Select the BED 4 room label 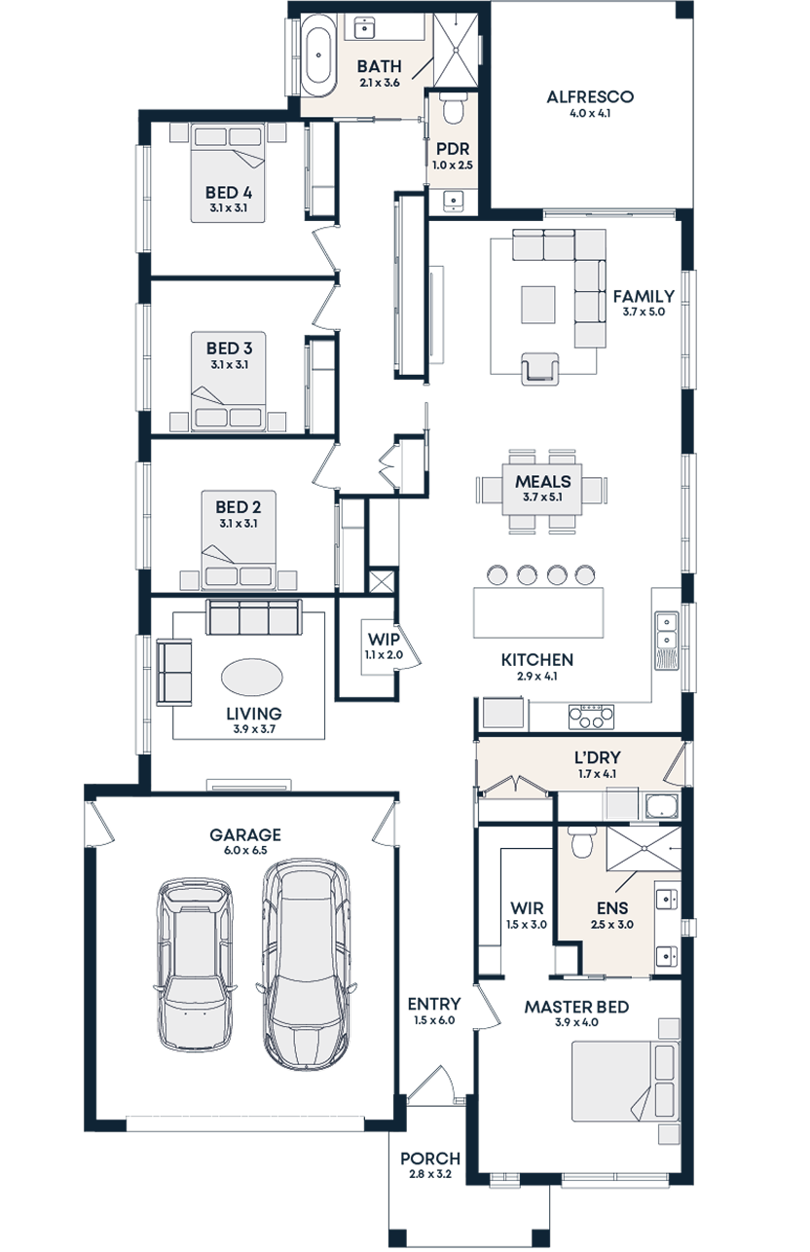(x=229, y=192)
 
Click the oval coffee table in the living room (x=253, y=677)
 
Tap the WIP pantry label (x=377, y=641)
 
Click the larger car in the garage (x=307, y=964)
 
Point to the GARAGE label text (x=245, y=835)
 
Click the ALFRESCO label (x=589, y=97)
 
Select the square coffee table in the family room (x=537, y=304)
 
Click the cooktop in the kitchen (x=592, y=716)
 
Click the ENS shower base (x=644, y=850)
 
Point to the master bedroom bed (x=624, y=1081)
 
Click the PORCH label (x=429, y=1160)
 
